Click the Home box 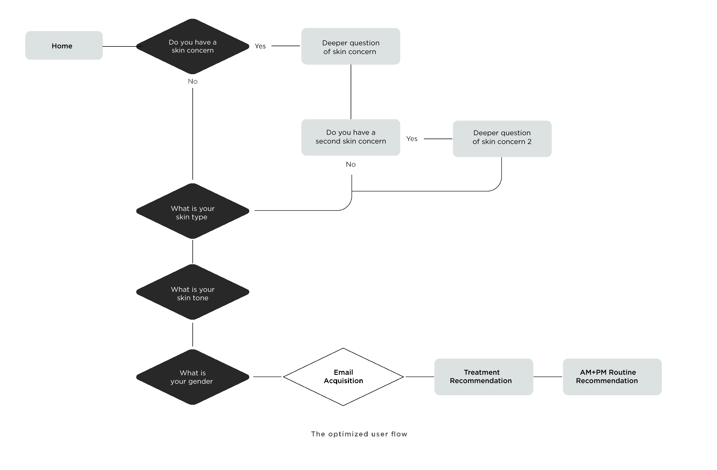64,45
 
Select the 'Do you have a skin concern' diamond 193,46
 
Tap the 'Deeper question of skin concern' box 351,46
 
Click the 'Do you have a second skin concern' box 351,137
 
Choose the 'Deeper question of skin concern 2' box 502,139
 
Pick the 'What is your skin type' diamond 193,211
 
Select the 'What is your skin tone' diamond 193,292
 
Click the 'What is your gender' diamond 193,377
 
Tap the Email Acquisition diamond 343,377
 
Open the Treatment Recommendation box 484,377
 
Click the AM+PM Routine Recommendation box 612,377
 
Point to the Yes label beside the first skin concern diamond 260,46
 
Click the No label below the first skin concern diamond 193,81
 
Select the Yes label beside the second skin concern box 412,139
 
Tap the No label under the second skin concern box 351,164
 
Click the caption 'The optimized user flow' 359,434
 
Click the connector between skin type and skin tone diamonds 193,251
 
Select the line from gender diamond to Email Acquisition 267,377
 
